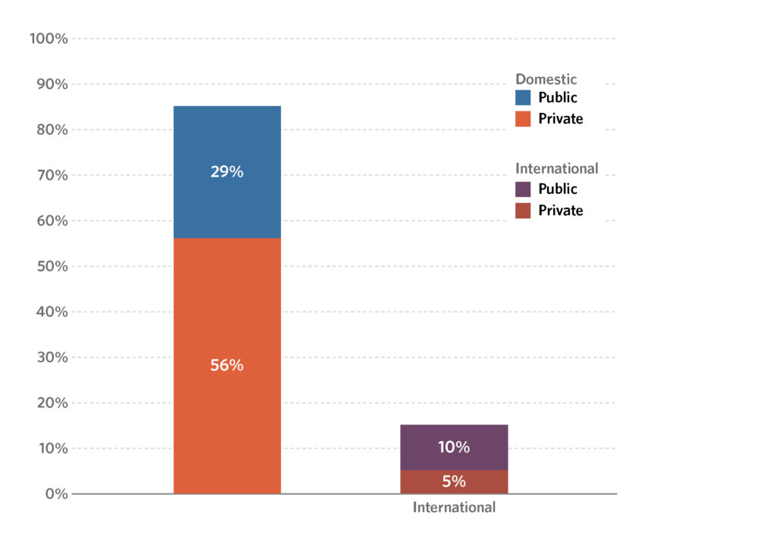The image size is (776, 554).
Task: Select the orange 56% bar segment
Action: (x=227, y=318)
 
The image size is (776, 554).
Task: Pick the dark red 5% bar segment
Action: (x=454, y=482)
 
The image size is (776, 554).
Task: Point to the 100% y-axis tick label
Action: (x=48, y=39)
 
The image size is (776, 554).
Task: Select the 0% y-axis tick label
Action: (x=55, y=494)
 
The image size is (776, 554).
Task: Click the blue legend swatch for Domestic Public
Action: (x=523, y=98)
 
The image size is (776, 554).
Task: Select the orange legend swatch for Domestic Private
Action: (x=523, y=119)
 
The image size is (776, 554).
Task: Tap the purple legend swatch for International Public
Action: (x=523, y=189)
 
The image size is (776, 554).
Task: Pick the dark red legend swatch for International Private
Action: (x=523, y=211)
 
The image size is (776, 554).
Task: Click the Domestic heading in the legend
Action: (x=546, y=80)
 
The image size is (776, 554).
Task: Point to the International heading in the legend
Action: (x=556, y=169)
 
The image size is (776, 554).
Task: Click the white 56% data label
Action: (x=227, y=365)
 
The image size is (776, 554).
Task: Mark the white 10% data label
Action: (x=454, y=447)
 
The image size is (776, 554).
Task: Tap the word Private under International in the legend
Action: (x=560, y=211)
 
